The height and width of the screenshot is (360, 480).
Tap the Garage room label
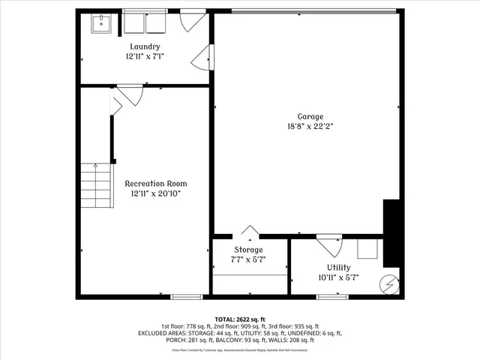pos(310,116)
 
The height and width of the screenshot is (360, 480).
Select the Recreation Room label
pos(156,183)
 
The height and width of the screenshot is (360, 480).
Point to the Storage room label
pos(248,250)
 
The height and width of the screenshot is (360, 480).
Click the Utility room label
pos(338,267)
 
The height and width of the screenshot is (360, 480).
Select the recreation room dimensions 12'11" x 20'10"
pos(156,193)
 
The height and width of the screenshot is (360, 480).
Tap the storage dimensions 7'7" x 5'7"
pos(248,260)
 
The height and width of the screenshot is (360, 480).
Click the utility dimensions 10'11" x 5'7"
pos(338,277)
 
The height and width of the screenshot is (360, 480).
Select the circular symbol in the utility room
pos(388,283)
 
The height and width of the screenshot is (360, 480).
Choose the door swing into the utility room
pos(328,246)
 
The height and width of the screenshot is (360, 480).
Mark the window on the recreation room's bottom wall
pos(187,297)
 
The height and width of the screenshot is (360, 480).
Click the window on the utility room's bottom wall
pos(331,297)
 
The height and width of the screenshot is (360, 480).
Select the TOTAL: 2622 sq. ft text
pos(240,319)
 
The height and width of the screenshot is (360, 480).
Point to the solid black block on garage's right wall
pos(391,232)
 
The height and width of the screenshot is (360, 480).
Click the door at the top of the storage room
pos(250,232)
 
